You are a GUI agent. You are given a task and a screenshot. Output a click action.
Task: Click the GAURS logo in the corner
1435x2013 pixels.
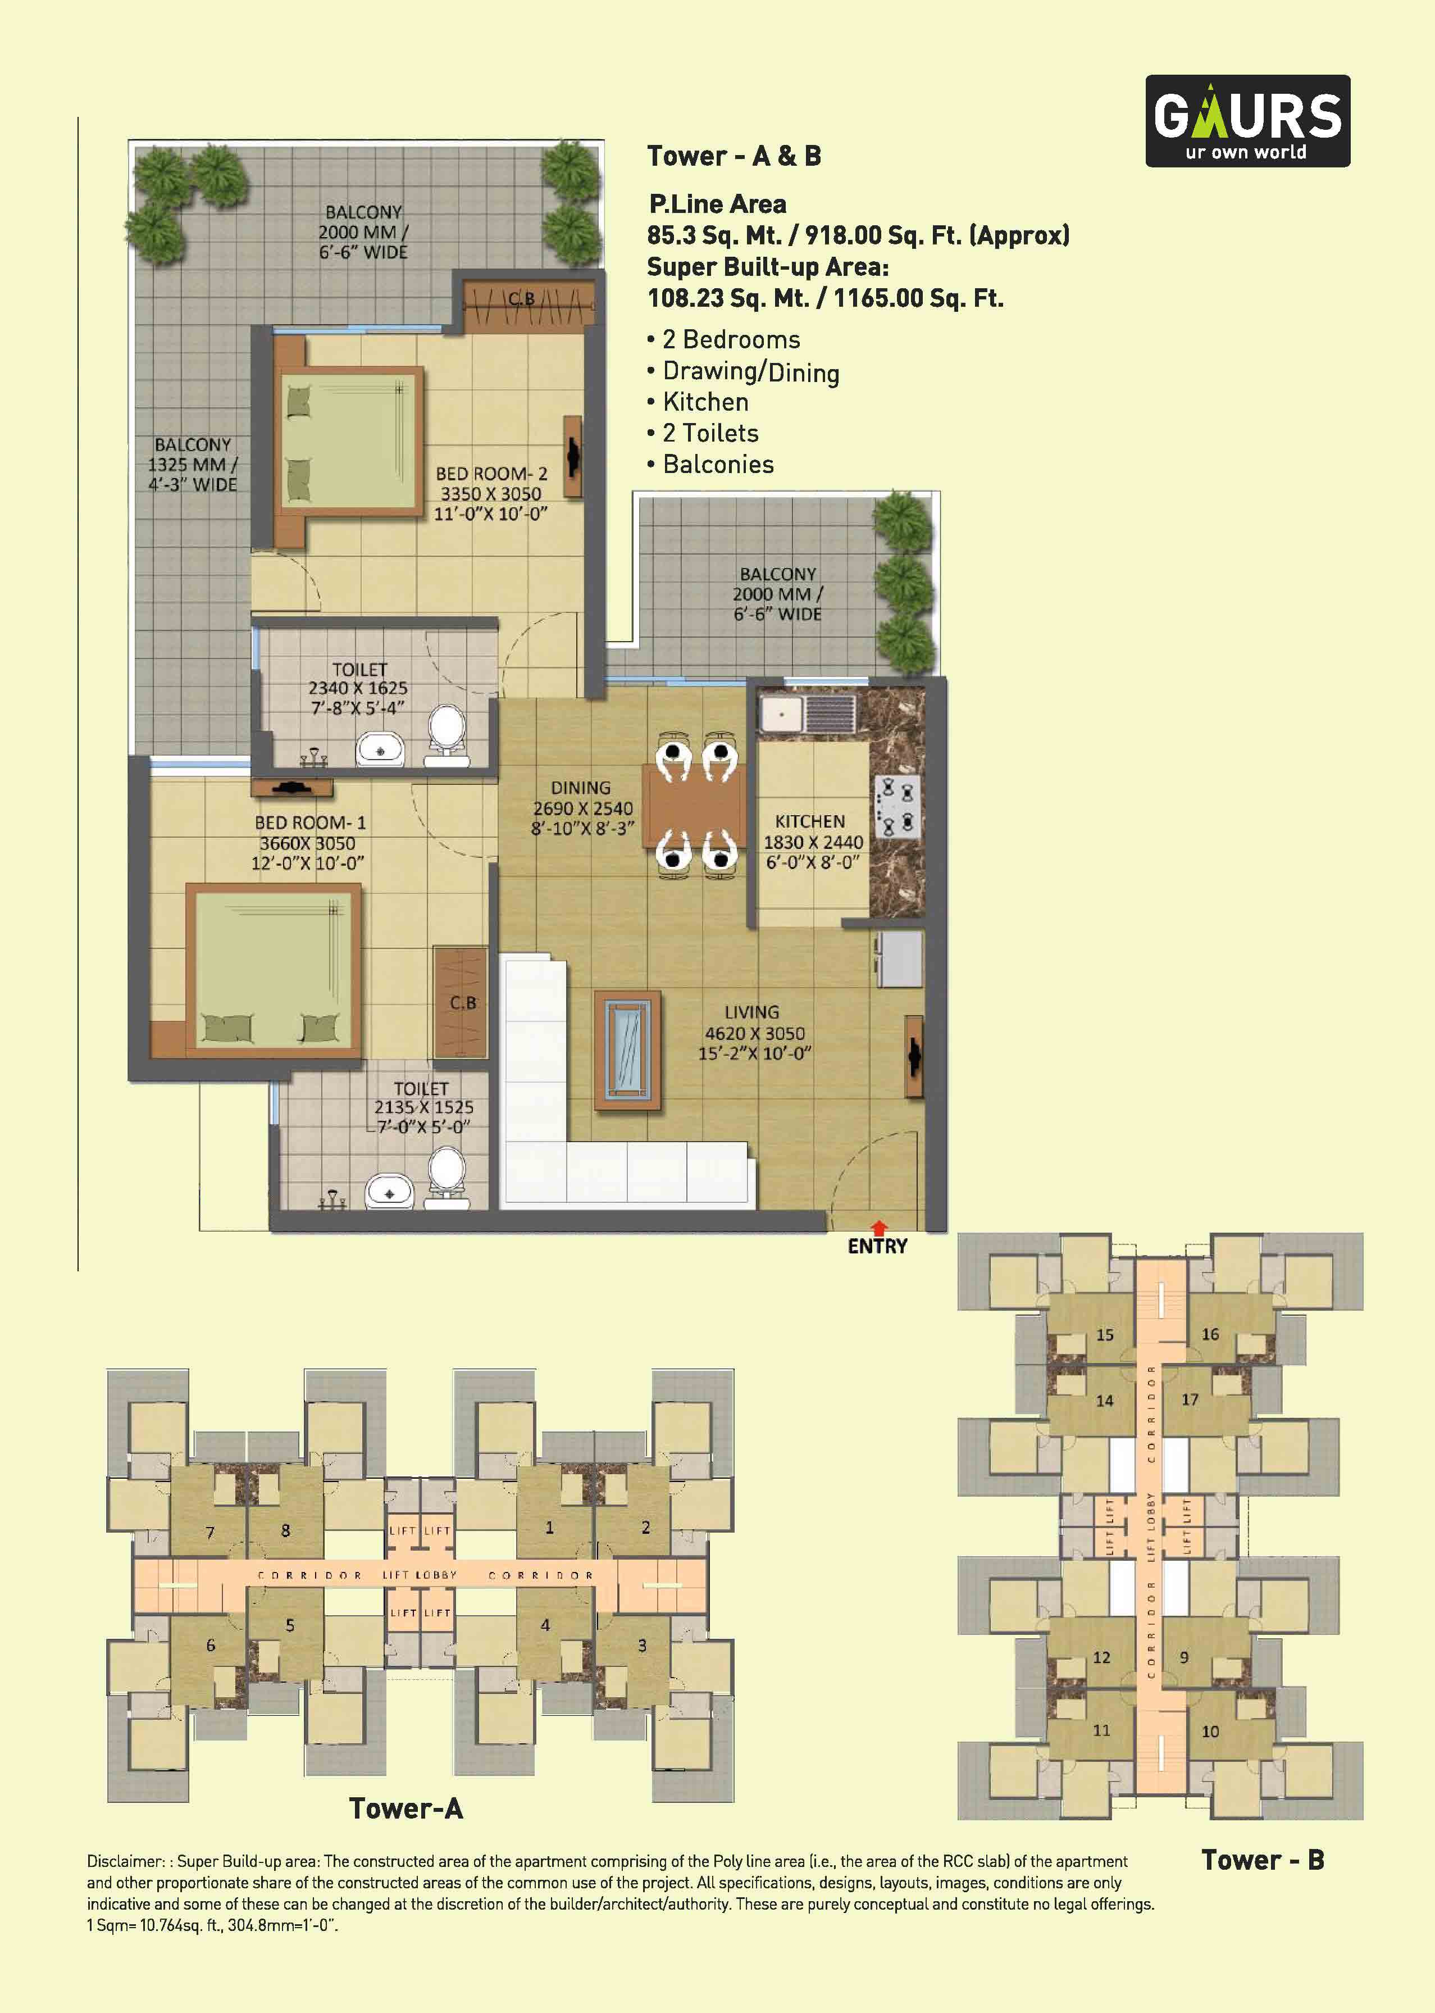[x=1247, y=121]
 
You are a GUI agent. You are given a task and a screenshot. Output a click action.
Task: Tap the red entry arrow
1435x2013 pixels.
[x=878, y=1228]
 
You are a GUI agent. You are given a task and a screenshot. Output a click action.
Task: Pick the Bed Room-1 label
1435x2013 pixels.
[x=310, y=823]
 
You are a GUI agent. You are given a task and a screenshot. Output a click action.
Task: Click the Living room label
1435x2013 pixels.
[x=752, y=1012]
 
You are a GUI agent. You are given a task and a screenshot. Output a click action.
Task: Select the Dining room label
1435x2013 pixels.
[x=581, y=787]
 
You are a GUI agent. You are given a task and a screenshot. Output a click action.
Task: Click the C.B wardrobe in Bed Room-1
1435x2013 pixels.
[x=461, y=1002]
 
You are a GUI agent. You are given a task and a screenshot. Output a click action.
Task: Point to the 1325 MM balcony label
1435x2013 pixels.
[x=193, y=465]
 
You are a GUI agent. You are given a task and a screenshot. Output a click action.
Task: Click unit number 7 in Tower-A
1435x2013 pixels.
[x=210, y=1532]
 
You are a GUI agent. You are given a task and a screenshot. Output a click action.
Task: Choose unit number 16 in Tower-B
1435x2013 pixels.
[x=1210, y=1334]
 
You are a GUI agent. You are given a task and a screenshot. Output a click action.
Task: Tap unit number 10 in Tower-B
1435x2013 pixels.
[x=1210, y=1731]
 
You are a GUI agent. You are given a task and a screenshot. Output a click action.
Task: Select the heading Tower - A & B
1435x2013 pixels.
[x=734, y=156]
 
